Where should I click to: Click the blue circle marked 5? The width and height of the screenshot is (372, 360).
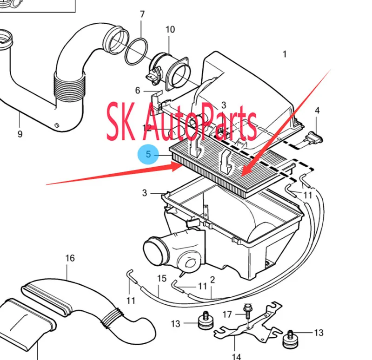tap(148, 154)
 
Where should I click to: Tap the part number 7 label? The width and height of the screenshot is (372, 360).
tap(142, 14)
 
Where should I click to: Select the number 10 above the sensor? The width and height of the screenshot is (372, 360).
tap(170, 30)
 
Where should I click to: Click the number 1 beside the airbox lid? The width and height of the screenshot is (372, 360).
tap(285, 54)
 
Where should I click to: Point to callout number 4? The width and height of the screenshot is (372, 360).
tap(317, 110)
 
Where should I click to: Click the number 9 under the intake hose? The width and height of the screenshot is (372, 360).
tap(20, 134)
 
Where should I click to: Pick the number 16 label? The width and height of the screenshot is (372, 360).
tap(70, 258)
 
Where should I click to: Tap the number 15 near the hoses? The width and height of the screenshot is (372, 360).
tap(162, 278)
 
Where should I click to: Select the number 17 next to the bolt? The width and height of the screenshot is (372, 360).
tap(227, 314)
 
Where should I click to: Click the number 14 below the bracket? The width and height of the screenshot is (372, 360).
tap(236, 356)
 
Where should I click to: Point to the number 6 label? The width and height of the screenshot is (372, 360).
tap(138, 90)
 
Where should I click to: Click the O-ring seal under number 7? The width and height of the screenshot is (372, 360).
tap(136, 51)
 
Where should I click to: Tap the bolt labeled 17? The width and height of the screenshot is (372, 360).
tap(247, 311)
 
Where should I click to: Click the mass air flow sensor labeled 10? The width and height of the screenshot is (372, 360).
tap(168, 72)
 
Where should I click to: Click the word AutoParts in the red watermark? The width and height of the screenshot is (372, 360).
tap(200, 122)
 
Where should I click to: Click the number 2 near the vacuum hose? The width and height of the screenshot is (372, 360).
tap(213, 280)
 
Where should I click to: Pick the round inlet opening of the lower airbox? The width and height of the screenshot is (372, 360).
tap(156, 252)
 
